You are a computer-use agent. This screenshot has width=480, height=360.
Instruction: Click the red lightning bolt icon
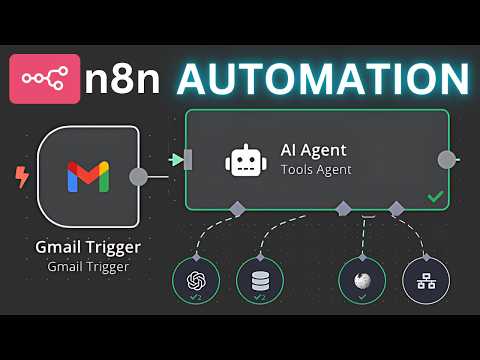pyautogui.click(x=21, y=178)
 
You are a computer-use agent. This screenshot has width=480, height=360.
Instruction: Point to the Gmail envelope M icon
pyautogui.click(x=88, y=176)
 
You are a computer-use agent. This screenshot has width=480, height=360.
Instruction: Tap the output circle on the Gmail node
pyautogui.click(x=139, y=177)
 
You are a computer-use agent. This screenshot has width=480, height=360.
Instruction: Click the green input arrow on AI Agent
pyautogui.click(x=178, y=159)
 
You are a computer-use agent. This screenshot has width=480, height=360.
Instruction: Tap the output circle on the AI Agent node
pyautogui.click(x=447, y=159)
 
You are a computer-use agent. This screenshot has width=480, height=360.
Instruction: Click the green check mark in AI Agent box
pyautogui.click(x=435, y=197)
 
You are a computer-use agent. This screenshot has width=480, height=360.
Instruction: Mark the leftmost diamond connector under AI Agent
pyautogui.click(x=237, y=209)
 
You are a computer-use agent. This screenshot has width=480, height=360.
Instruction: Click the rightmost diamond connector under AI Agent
pyautogui.click(x=396, y=209)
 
